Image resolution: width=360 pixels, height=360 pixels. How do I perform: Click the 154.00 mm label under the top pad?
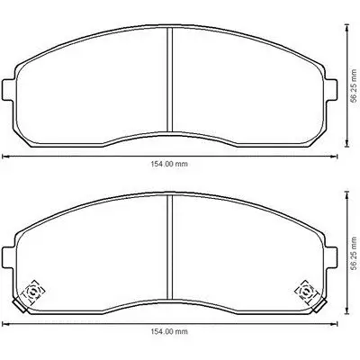click(169, 164)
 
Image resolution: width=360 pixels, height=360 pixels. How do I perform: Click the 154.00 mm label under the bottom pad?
click(169, 331)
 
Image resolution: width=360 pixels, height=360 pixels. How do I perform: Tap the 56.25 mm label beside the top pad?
click(355, 86)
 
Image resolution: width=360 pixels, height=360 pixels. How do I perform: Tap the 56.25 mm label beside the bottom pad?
click(355, 254)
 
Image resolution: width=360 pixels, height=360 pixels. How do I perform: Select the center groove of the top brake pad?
click(170, 80)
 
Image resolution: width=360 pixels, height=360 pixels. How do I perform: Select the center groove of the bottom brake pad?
click(170, 247)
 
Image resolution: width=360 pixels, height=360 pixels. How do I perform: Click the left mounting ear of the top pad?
click(8, 90)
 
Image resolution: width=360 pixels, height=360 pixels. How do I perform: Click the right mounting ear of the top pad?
click(331, 90)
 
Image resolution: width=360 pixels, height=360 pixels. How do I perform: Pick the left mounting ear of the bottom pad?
click(8, 257)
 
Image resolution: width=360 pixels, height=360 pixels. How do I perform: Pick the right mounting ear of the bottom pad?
click(331, 257)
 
